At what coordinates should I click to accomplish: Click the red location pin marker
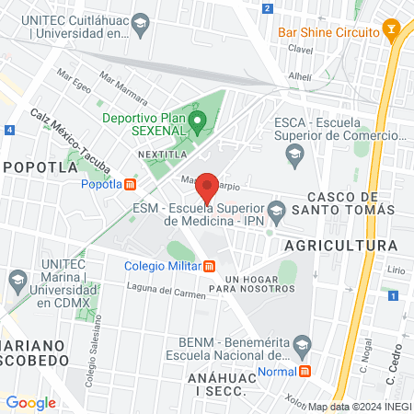tap(208, 187)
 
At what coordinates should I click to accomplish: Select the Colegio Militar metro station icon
tap(210, 267)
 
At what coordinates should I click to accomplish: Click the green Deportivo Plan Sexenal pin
tap(196, 121)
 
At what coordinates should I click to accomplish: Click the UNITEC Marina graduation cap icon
tap(17, 279)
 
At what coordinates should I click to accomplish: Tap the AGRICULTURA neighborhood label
tap(341, 246)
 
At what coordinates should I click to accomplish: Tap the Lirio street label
tap(396, 270)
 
